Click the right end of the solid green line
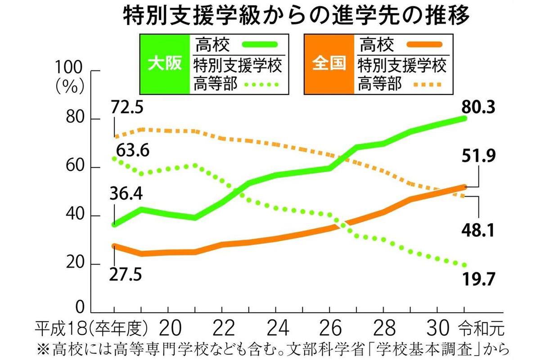point(464,118)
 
